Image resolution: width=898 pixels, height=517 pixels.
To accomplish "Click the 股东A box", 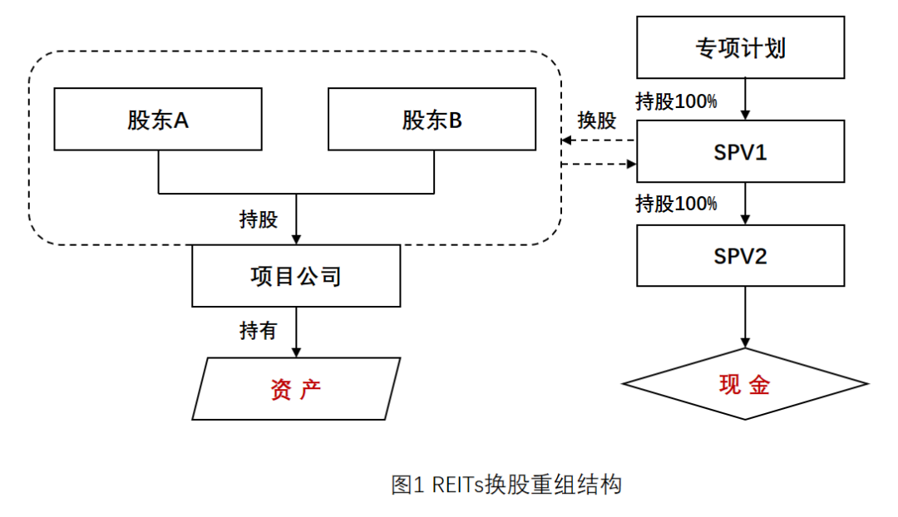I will point(158,120).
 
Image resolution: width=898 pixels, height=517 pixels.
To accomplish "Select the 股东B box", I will point(432,120).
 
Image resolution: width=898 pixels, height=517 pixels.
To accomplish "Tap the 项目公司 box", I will point(296,276).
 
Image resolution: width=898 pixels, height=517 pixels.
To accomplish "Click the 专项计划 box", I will point(740,47).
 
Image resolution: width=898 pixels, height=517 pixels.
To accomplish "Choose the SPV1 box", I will point(740,151).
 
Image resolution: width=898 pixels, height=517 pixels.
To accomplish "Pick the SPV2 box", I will point(740,255).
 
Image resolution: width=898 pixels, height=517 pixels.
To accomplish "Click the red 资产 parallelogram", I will point(296,389).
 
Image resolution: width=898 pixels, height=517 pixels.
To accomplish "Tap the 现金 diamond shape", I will point(746,384).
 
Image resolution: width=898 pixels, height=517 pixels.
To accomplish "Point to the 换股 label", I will point(597,121).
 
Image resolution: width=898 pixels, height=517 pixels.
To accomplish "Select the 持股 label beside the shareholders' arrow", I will point(258,219).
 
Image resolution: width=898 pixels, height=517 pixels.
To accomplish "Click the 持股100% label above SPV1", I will point(676,101).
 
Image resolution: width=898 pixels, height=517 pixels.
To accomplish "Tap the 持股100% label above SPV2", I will point(676,203).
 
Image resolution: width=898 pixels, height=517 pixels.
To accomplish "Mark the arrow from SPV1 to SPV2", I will point(746,203).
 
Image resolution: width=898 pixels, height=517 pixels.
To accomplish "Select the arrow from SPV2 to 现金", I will point(746,316).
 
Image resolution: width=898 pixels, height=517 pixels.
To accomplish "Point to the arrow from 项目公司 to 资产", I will point(296,332).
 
